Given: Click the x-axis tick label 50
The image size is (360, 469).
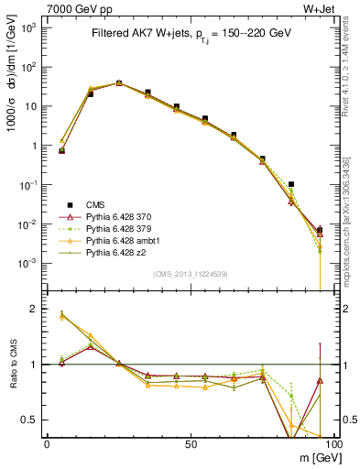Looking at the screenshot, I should coord(189,443).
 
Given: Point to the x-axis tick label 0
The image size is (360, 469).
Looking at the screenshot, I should coord(46,443).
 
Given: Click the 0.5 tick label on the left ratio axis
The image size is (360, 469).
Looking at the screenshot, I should coord(31,420).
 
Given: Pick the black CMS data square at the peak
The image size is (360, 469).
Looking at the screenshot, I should coord(119,82).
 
